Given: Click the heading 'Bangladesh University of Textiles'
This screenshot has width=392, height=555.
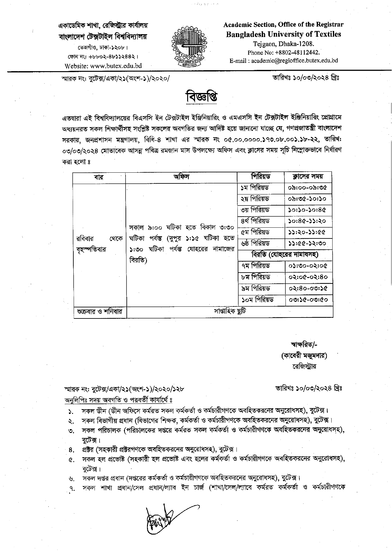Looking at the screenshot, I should point(283,34).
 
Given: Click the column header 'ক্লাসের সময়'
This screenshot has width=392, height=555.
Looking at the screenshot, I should point(308,176).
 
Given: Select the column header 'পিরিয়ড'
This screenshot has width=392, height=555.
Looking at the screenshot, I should point(261,176).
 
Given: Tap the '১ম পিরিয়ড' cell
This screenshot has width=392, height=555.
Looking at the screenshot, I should point(255,188).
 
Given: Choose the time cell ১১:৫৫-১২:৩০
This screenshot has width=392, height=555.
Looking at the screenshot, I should point(307,244).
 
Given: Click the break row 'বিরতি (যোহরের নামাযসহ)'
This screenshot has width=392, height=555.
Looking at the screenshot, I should point(285,255).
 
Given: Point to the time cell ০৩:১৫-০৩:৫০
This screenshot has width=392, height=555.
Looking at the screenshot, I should point(308,299).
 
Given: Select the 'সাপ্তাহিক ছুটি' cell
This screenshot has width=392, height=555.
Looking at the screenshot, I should point(230,311).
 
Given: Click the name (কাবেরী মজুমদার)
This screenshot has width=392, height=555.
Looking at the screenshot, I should point(304,356).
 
